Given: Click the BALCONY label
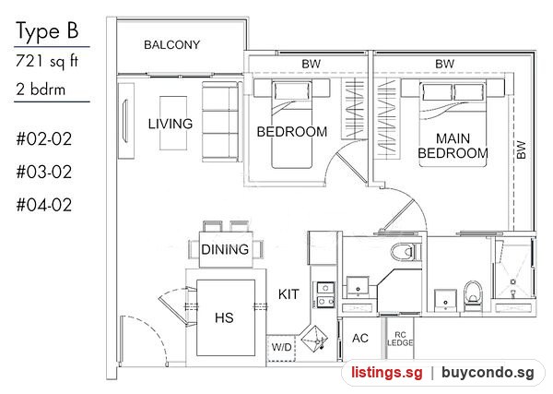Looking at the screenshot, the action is point(171,45).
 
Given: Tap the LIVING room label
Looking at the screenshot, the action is point(171,124).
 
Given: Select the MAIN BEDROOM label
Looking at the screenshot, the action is point(453,146).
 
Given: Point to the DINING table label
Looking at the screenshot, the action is point(225,250).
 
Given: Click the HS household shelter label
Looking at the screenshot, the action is point(224,317).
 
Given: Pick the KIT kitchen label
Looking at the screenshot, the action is point(288,294).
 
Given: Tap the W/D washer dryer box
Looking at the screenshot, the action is point(281,347).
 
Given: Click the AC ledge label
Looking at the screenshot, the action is point(360,339).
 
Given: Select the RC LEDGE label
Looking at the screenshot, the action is point(400,339).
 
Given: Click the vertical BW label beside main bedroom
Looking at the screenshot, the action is point(521,150).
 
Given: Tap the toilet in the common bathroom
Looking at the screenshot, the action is point(406,252).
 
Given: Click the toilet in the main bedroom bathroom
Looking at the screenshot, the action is point(473,296).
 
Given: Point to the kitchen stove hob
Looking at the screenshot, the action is point(325,294).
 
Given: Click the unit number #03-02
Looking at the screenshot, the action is point(44,173).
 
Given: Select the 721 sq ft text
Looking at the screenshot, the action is point(47,61).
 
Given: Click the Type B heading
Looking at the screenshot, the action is point(47,31).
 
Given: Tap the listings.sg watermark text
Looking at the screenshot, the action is point(386,373).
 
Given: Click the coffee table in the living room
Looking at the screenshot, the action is point(173,124).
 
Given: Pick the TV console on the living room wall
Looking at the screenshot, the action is point(126,121).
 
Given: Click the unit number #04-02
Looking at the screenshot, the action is point(44,205).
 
